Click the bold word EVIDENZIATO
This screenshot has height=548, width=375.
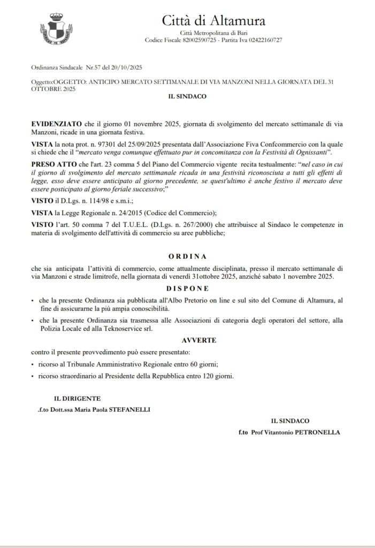(x=56, y=124)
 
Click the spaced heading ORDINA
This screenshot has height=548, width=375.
(x=187, y=256)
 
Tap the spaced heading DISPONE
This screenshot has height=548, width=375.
(x=187, y=287)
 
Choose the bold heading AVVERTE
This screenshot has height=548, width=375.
(x=187, y=340)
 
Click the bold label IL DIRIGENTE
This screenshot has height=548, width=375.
(x=76, y=399)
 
